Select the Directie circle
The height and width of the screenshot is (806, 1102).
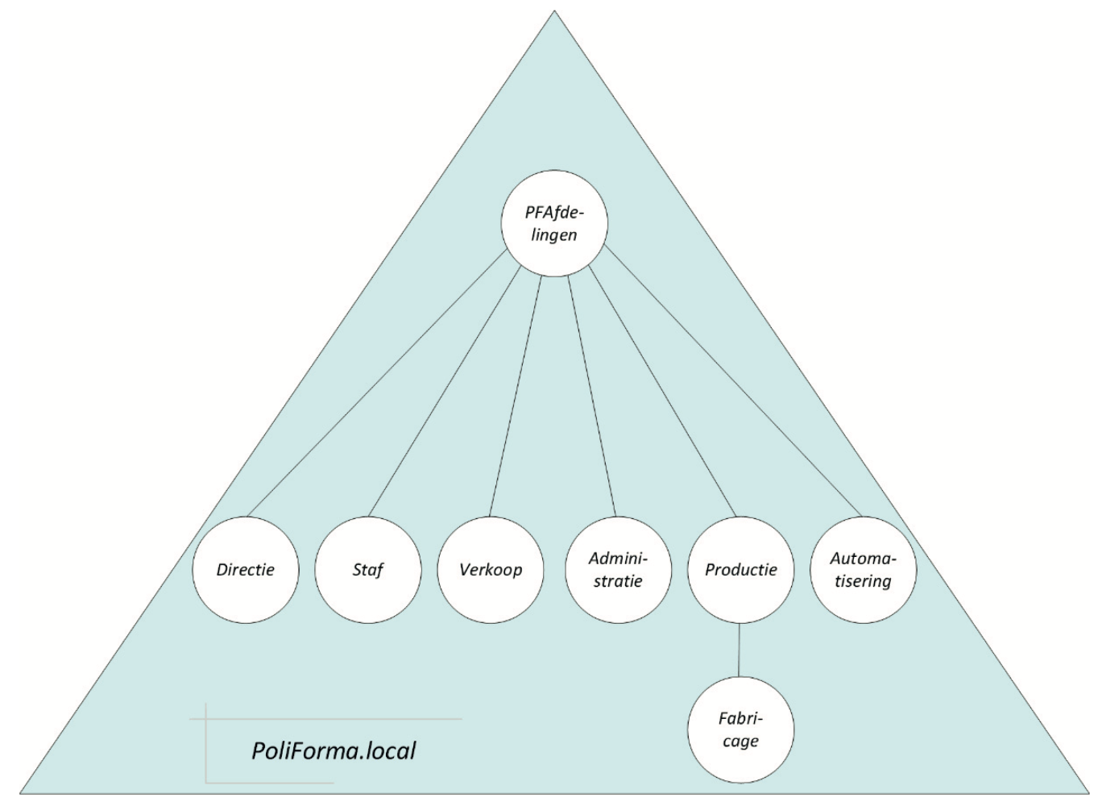(x=246, y=569)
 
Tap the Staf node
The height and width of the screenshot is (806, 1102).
(x=368, y=569)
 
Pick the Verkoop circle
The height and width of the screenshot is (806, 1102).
(x=491, y=569)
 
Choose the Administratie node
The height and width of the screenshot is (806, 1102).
(x=619, y=569)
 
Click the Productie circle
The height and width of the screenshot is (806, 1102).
(x=740, y=569)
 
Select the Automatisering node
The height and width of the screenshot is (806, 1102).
(x=863, y=569)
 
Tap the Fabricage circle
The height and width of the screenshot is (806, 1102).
(x=740, y=730)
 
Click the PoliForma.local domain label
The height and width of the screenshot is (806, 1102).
(x=333, y=750)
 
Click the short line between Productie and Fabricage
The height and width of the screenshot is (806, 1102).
(x=739, y=650)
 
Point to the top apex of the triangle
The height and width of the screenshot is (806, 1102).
(x=554, y=11)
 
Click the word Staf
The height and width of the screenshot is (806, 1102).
(x=368, y=569)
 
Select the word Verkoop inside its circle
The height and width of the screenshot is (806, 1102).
(x=491, y=569)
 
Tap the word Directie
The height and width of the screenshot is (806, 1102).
(x=246, y=569)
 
